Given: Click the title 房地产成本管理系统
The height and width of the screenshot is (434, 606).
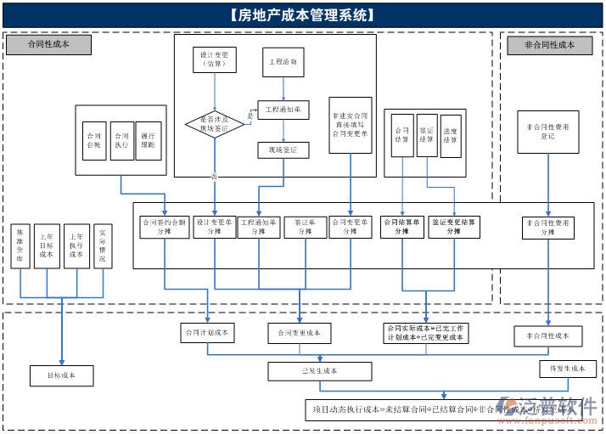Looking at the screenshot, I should click(x=302, y=15).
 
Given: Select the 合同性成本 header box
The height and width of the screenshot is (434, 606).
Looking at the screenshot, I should click(x=48, y=45).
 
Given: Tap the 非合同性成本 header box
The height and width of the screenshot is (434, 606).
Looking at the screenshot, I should click(x=549, y=45).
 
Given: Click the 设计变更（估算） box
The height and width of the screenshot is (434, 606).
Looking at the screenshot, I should click(x=214, y=59).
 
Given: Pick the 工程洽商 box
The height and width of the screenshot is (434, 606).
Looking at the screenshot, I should click(x=282, y=63).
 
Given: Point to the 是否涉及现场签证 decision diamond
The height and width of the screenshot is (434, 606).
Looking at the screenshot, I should click(x=215, y=124).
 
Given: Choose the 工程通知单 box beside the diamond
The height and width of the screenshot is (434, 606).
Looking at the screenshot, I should click(x=283, y=110).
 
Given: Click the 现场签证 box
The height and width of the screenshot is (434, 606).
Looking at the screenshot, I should click(x=283, y=150).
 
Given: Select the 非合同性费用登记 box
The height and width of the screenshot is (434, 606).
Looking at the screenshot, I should click(x=547, y=131).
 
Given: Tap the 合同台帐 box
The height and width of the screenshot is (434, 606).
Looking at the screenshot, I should click(x=93, y=140).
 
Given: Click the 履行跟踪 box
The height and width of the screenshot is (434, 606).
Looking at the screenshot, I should click(x=148, y=140).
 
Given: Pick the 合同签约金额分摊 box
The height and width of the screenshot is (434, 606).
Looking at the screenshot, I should click(x=163, y=227).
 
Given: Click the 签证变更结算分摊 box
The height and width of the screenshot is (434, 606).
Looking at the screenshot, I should click(x=454, y=227).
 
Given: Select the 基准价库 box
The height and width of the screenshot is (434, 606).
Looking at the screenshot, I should click(x=20, y=245).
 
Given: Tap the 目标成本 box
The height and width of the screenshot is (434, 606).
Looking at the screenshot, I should click(x=62, y=375).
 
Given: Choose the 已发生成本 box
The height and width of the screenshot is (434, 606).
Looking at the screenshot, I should click(x=319, y=371).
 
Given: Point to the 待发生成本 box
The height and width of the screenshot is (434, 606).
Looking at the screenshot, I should click(x=568, y=369).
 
